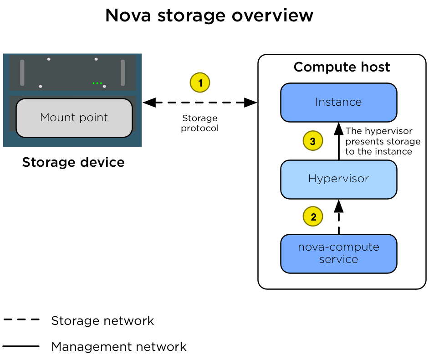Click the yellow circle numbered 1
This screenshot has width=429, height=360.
coord(199,83)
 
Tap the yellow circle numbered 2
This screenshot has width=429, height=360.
coord(313,217)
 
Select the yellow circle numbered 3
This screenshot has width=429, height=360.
coord(313,141)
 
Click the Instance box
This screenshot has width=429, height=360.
coord(338,102)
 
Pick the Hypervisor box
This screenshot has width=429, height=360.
coord(338,179)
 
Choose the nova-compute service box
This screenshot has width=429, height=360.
coord(338,253)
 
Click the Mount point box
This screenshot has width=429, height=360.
coord(74,118)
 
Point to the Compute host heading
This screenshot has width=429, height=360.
coord(342,67)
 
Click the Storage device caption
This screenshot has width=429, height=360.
coord(73,162)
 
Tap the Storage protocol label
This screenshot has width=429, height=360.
coord(199,123)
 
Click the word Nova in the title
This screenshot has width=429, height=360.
coord(126,15)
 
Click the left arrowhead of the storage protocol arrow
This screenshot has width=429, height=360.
coord(148,103)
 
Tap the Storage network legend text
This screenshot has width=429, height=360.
coord(102,321)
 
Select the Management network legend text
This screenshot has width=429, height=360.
coord(119,347)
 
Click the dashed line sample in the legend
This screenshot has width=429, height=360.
coord(21,320)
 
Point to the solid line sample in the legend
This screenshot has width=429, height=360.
coord(21,347)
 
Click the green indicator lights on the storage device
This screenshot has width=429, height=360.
coord(97,83)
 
